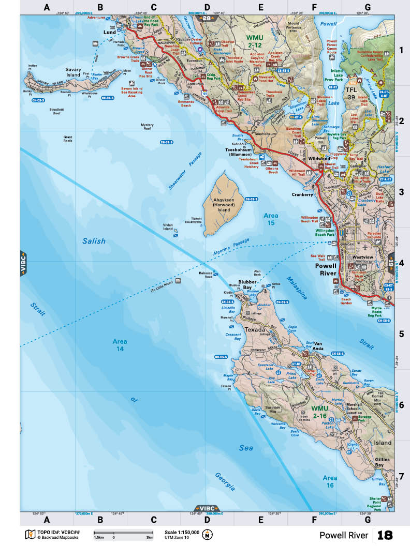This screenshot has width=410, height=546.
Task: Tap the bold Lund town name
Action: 110,32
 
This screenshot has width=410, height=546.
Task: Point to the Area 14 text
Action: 120,345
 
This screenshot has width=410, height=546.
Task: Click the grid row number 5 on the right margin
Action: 401,334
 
